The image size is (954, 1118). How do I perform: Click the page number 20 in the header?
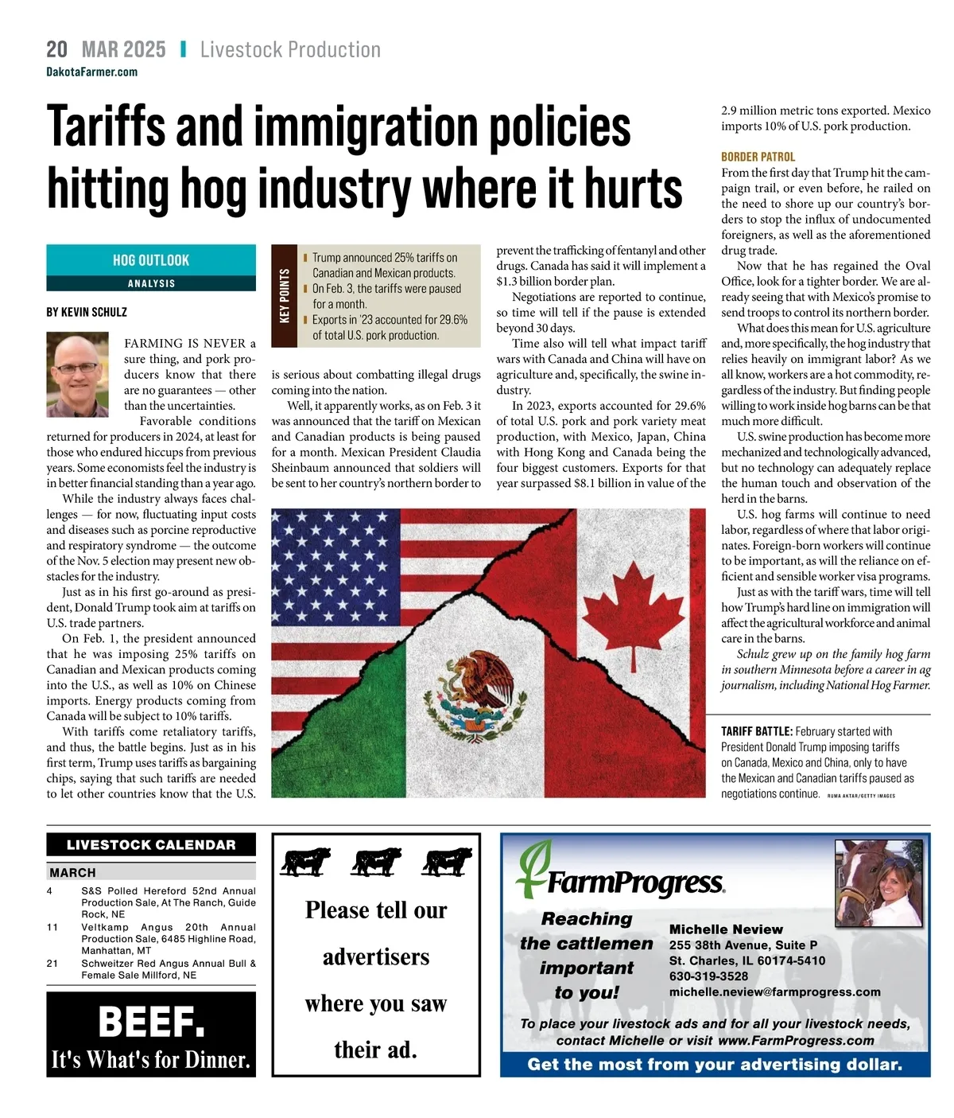click(x=56, y=49)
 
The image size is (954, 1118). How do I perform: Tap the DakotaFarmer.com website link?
click(x=91, y=72)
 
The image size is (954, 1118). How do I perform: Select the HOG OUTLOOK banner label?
click(x=151, y=260)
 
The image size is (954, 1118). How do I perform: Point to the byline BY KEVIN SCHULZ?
click(x=87, y=312)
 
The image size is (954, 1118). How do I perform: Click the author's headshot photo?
click(x=77, y=374)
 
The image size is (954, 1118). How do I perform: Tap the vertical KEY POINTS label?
click(x=284, y=296)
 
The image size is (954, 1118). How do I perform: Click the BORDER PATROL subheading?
click(x=758, y=157)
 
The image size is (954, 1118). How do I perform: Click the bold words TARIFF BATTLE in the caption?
click(x=756, y=731)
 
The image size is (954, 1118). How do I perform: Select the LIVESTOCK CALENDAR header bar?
click(x=151, y=845)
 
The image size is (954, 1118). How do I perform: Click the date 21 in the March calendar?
click(x=52, y=964)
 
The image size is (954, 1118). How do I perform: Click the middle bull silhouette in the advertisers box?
click(x=377, y=862)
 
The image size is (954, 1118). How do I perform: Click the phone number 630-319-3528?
click(x=708, y=976)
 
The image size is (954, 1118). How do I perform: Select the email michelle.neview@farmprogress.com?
click(x=774, y=992)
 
